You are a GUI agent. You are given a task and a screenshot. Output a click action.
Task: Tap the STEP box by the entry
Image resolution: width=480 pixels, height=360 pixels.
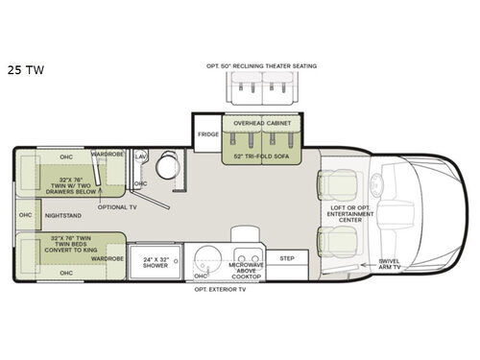(286, 257)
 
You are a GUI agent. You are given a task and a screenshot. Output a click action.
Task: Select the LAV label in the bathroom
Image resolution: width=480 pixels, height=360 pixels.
(140, 155)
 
